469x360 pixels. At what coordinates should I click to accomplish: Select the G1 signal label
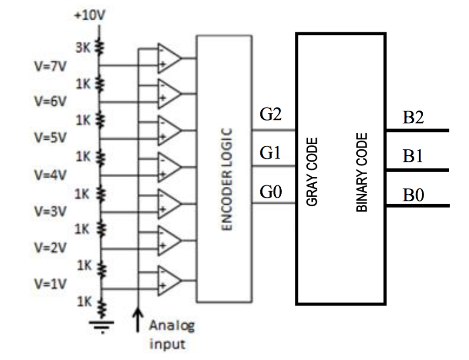click(x=270, y=153)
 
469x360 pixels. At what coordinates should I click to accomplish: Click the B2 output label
click(x=413, y=118)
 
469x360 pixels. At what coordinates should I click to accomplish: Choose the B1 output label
click(x=413, y=157)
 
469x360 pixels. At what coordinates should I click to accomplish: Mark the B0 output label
click(x=413, y=196)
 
